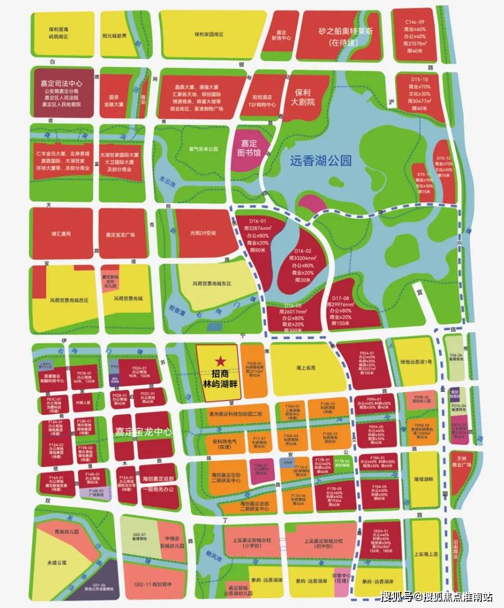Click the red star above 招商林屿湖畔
220,361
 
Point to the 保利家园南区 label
209,34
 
